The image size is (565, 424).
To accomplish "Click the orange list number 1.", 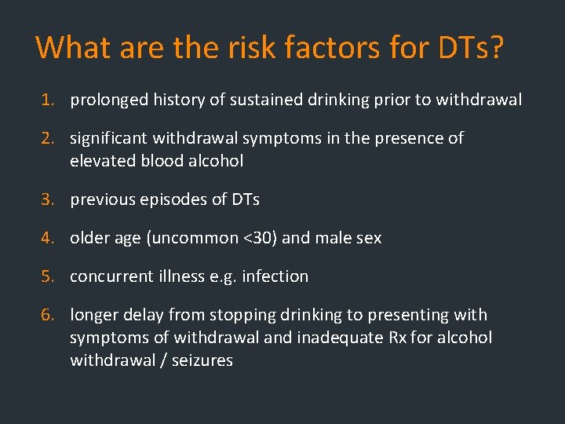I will point(49,100).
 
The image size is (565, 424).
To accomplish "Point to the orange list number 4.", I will point(49,238).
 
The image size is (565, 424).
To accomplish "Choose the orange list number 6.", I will point(49,315).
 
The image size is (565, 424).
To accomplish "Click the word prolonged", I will point(108,101).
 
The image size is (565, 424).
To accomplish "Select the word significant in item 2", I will point(108,139).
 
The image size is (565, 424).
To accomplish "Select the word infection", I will point(275,276).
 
